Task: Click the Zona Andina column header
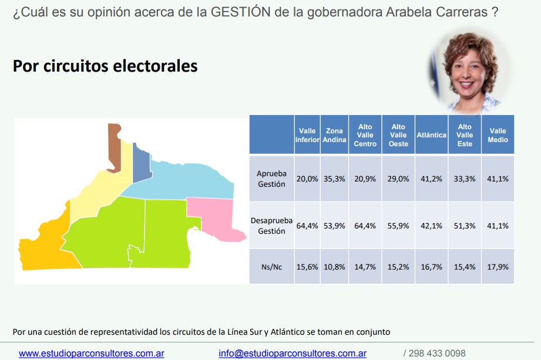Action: coord(334,135)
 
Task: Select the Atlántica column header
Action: coord(431,135)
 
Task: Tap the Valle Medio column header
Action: coord(498,135)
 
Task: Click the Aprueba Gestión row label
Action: coord(271,179)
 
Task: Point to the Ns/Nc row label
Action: coord(271,267)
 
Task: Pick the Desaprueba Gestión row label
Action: coord(271,226)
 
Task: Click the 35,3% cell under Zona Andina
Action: coord(334,179)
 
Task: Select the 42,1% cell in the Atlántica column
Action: coord(431,226)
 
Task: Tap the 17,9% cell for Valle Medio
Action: coord(498,267)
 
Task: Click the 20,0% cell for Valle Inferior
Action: coord(307,179)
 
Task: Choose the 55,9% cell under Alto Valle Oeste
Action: coord(398,226)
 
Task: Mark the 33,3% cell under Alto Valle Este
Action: coord(465,179)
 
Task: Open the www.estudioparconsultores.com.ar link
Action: coord(92,354)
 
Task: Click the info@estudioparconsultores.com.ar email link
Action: coord(293,354)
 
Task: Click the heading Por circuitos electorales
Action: coord(105,66)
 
